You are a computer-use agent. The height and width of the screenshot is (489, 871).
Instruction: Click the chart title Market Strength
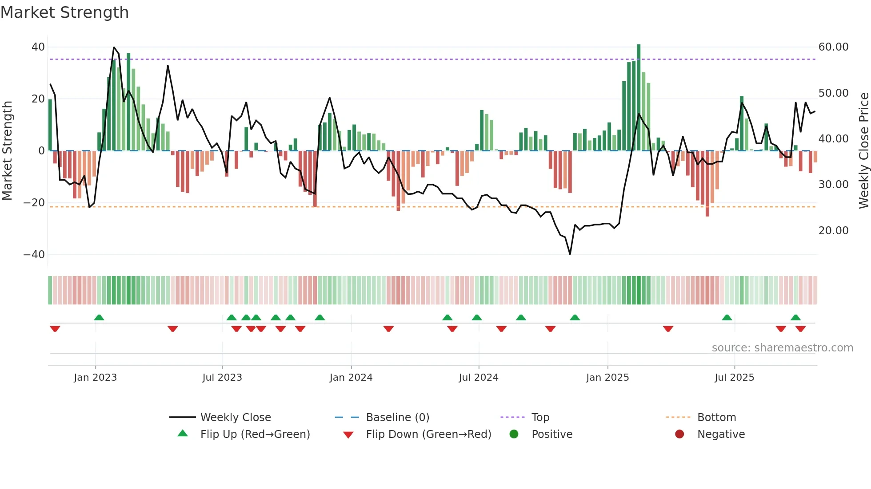click(x=64, y=12)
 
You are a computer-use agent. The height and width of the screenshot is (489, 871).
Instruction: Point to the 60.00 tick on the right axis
click(x=833, y=47)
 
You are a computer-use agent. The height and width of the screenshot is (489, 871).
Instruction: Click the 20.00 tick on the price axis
click(x=833, y=231)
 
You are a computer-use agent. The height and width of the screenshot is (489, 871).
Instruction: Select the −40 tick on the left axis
click(x=34, y=255)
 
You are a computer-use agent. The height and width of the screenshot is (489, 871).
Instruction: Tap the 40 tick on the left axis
click(x=38, y=47)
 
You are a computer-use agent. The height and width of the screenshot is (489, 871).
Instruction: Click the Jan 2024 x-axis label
click(x=351, y=378)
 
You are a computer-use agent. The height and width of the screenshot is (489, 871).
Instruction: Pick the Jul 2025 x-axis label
click(x=734, y=378)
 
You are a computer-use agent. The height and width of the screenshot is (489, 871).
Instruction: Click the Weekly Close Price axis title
click(x=863, y=151)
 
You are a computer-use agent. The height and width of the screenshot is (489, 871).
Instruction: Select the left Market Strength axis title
click(x=7, y=151)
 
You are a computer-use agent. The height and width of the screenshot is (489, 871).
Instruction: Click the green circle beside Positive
click(x=514, y=434)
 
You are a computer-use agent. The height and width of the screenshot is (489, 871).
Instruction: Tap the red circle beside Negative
click(x=679, y=434)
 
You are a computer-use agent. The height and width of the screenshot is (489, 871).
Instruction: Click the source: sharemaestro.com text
click(x=782, y=348)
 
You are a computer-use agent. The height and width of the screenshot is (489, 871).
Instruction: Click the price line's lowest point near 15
click(x=570, y=254)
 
